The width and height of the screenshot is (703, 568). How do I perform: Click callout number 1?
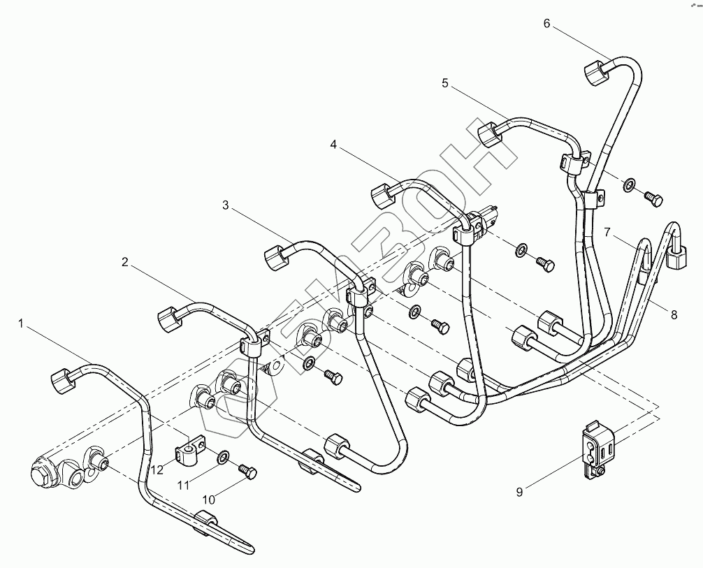(x=22, y=323)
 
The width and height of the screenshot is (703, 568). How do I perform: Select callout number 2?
(x=124, y=262)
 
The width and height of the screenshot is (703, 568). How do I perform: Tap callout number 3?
(x=225, y=205)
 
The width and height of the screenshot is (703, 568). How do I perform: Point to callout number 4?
(x=333, y=145)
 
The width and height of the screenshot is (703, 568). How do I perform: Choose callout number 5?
(x=444, y=83)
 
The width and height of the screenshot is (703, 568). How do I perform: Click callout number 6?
(x=546, y=23)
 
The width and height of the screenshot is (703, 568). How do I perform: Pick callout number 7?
(x=607, y=231)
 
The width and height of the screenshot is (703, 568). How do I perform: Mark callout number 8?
(x=674, y=315)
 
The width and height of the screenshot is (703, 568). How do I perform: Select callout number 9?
(x=519, y=492)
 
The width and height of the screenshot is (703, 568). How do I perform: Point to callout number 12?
(x=157, y=470)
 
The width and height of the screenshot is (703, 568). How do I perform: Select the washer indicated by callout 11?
(x=221, y=458)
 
